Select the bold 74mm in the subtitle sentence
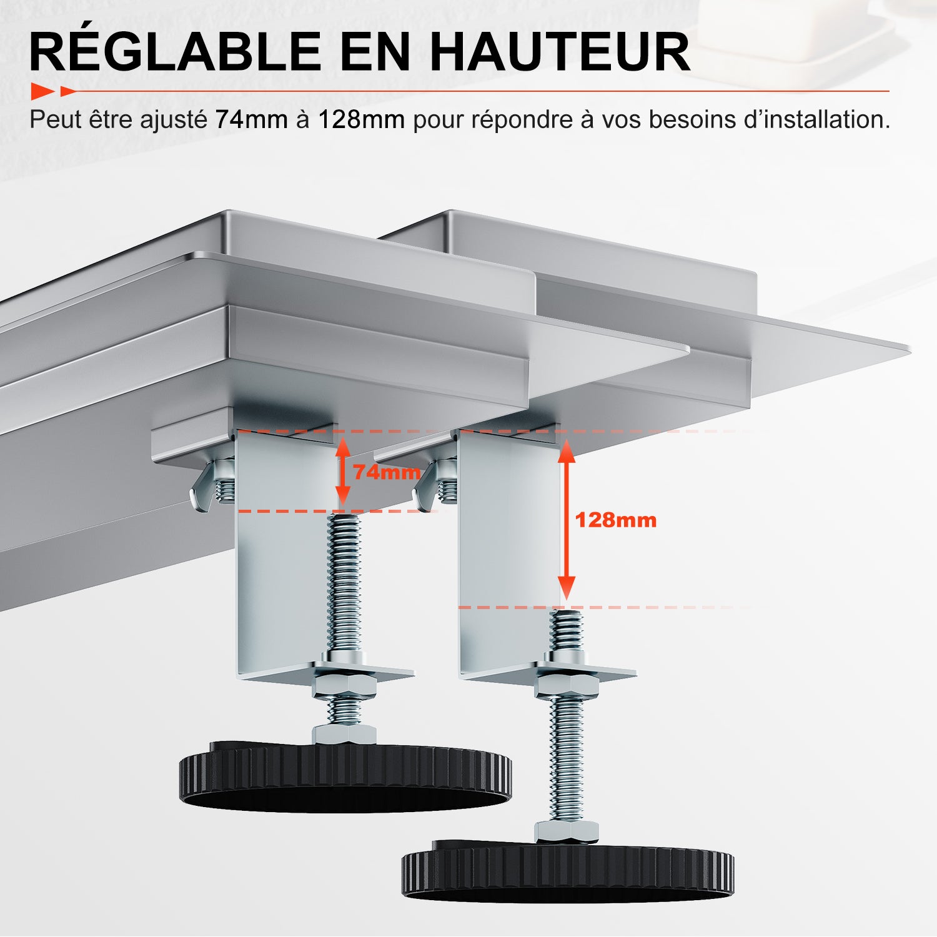[x=251, y=119]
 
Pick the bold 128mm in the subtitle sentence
[x=361, y=119]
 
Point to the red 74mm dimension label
[x=387, y=472]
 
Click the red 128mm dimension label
[x=615, y=520]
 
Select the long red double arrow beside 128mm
[x=566, y=520]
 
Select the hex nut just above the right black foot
[x=566, y=831]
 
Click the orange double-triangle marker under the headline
[x=53, y=91]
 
